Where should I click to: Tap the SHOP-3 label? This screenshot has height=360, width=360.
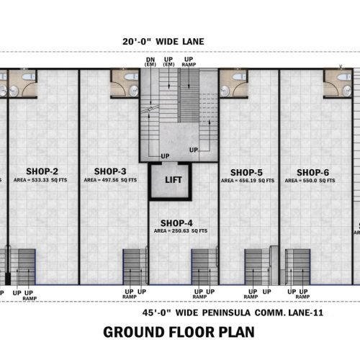110,171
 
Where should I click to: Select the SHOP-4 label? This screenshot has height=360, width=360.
176,222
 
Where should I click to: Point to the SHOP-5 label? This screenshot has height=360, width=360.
246,172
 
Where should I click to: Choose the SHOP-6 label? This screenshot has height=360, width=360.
312,172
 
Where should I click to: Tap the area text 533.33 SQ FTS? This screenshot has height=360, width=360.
44,181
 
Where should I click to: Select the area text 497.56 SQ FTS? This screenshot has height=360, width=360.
110,181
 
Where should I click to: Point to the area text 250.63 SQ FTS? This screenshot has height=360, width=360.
181,231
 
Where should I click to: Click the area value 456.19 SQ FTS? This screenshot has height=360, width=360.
246,181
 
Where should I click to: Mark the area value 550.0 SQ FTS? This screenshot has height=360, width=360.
312,181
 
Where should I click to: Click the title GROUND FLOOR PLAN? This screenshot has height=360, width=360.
180,332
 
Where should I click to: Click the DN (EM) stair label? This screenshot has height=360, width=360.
151,63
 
